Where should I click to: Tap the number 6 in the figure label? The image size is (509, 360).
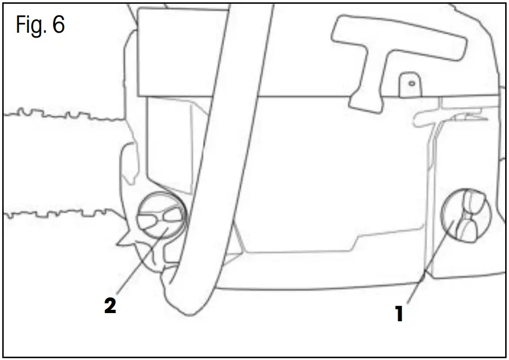pyautogui.click(x=59, y=25)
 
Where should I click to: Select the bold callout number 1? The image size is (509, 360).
pyautogui.click(x=399, y=314)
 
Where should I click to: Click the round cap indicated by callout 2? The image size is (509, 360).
pyautogui.click(x=161, y=218)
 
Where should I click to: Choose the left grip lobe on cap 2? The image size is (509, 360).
pyautogui.click(x=148, y=219)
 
